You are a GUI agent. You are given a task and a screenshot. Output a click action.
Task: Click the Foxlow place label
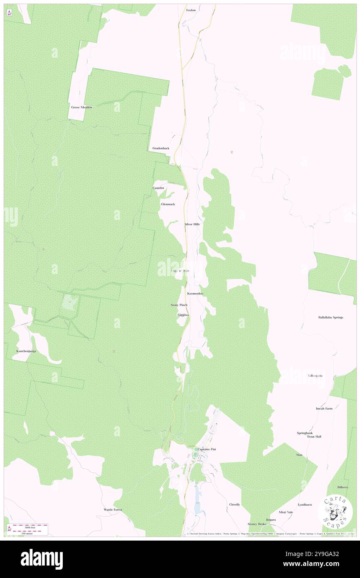coord(191,10)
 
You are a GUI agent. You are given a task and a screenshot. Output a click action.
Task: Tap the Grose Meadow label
coord(81,107)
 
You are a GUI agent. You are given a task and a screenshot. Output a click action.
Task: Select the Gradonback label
coord(161,148)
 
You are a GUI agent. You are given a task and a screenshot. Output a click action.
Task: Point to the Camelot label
coord(158,188)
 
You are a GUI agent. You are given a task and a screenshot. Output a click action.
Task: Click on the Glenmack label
coord(168,204)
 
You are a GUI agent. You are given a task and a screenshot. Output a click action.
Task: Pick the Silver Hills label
coord(192,224)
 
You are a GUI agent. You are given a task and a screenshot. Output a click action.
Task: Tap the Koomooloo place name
coord(195,294)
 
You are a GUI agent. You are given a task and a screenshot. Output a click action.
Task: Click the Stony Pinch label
coord(179,305)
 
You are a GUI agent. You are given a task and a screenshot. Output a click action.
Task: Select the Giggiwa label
coord(183,315)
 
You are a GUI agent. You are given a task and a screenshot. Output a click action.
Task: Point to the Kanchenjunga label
coord(26,351)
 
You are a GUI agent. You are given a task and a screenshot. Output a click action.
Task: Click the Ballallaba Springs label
coord(331,317)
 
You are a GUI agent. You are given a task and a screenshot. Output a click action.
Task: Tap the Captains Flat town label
coord(207,450)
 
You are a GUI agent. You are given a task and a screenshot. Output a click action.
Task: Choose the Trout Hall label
coord(314,437)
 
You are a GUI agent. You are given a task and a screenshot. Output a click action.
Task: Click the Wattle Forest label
coord(113,509)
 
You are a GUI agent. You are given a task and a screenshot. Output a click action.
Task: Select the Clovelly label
coord(234,504)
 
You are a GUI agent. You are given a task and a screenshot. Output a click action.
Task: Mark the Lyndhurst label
coord(305,504)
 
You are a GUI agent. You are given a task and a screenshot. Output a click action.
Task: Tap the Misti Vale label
coord(286,512)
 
